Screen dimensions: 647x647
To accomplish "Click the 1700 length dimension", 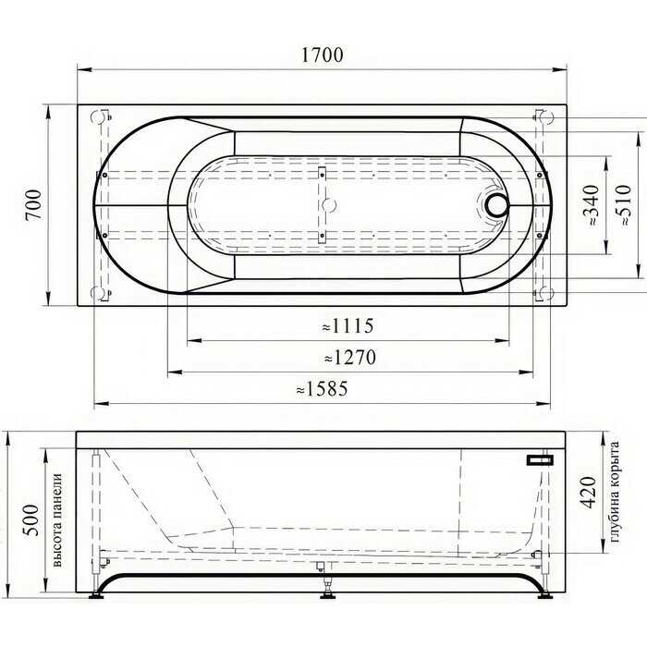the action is click(323, 55).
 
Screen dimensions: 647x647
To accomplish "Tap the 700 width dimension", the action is click(34, 205).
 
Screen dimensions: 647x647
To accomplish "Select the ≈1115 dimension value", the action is click(348, 326).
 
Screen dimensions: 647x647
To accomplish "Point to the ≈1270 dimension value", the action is click(350, 358).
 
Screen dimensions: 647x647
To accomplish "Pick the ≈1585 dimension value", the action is click(322, 389).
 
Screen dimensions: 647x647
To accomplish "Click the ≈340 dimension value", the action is click(592, 205).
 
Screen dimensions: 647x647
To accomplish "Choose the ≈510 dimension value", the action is click(623, 204).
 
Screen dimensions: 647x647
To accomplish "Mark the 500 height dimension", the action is click(31, 519).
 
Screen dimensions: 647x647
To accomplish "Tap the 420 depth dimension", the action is click(589, 493).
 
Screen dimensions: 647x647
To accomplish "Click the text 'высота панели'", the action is click(57, 519).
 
